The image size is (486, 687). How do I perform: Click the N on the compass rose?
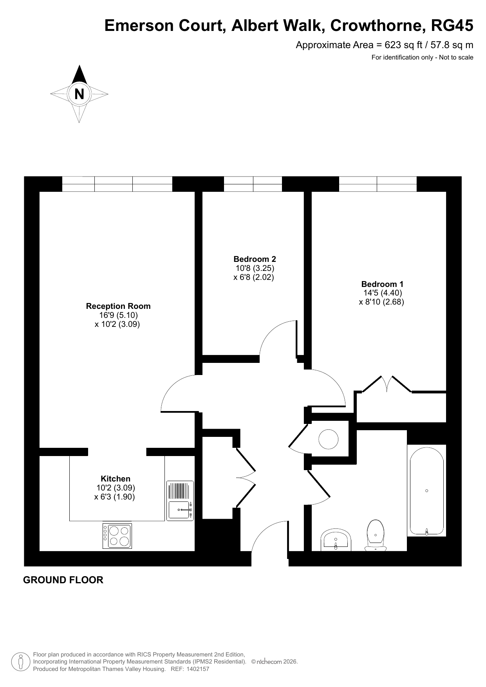point(79,94)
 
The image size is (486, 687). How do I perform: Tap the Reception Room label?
point(118,306)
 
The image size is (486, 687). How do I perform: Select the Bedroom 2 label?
point(255,259)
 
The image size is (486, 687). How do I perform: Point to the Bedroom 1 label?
point(382,284)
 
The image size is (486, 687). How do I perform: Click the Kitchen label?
point(116,479)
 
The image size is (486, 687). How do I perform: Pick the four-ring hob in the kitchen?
point(117,536)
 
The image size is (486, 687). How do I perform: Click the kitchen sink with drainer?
point(180,501)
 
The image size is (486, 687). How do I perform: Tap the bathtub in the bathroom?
point(426,490)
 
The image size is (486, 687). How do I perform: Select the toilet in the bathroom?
point(376,535)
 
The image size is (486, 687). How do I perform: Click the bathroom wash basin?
point(336,541)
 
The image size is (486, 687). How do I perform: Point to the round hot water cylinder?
point(328,439)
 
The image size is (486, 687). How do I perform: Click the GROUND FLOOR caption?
point(63,580)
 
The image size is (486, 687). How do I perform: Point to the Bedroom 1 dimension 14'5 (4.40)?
point(383,293)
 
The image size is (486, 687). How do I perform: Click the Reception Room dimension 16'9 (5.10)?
point(118,315)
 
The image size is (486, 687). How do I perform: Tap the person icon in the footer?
point(20,662)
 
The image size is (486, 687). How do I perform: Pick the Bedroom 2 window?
point(253,184)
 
